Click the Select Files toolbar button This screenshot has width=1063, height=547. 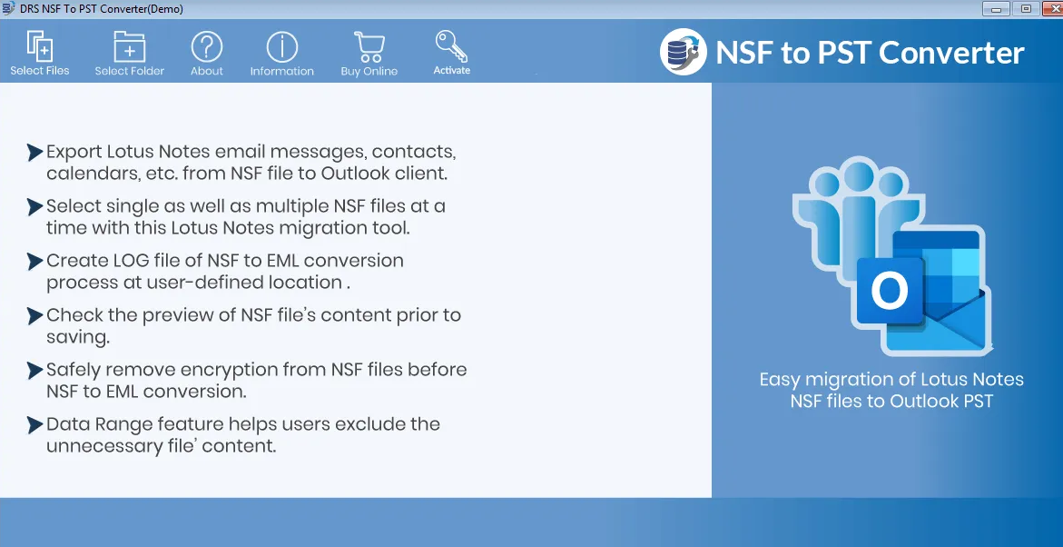[40, 53]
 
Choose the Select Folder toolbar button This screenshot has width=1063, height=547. [130, 53]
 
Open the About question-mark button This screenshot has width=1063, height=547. [207, 53]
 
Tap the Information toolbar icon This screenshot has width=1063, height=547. [282, 53]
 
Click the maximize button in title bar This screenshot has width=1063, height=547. [1027, 9]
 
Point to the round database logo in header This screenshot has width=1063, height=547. [684, 53]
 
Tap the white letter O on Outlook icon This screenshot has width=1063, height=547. [889, 291]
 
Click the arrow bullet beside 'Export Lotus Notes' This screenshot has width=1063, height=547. [34, 152]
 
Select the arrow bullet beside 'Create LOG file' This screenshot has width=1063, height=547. [34, 262]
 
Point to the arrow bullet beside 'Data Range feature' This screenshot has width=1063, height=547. [34, 425]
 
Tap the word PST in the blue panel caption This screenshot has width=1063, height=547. [977, 401]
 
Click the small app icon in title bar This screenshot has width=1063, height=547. [8, 9]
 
